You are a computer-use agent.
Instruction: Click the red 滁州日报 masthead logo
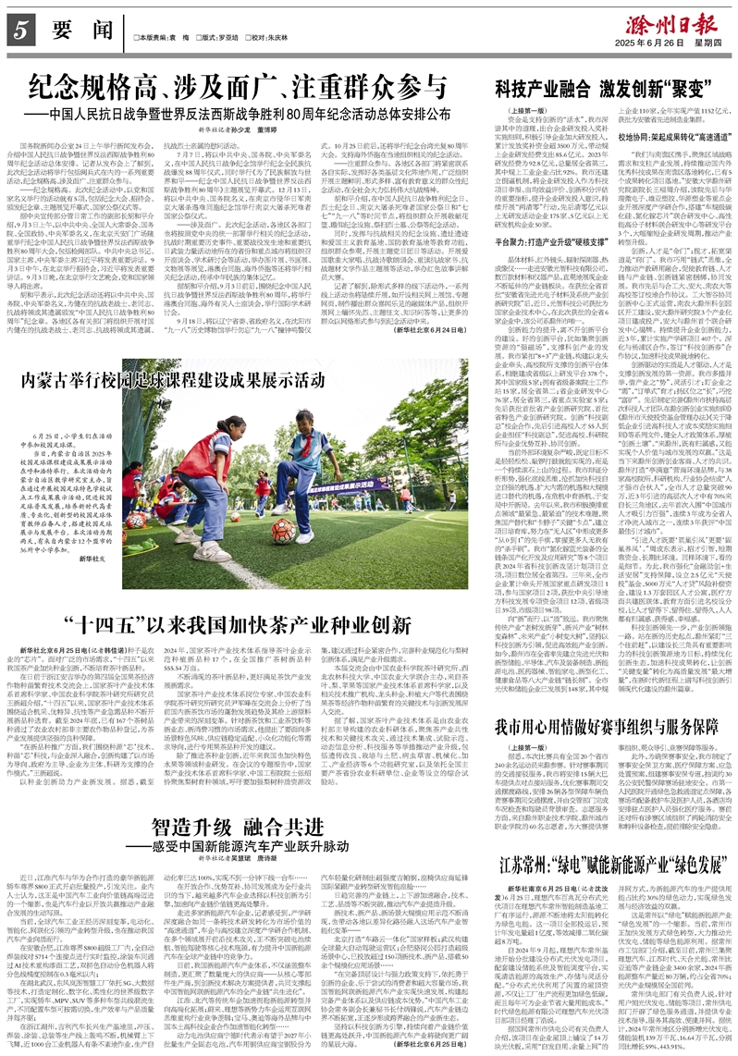point(669,20)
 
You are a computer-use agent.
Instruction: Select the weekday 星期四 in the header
point(708,42)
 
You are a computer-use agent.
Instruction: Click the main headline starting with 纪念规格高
point(241,89)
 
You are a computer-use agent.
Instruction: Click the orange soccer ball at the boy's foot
point(283,530)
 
